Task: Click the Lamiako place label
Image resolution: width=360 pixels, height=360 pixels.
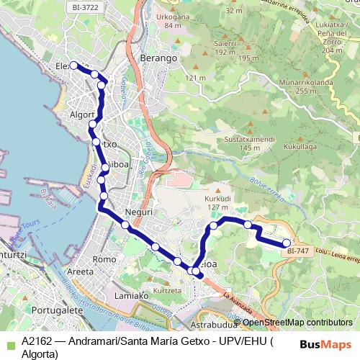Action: coord(131,295)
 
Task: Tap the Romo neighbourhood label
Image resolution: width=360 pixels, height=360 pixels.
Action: coord(104,258)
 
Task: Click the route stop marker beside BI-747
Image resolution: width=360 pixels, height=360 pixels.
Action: coord(287,243)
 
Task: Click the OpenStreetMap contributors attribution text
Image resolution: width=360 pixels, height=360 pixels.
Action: coord(297,323)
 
